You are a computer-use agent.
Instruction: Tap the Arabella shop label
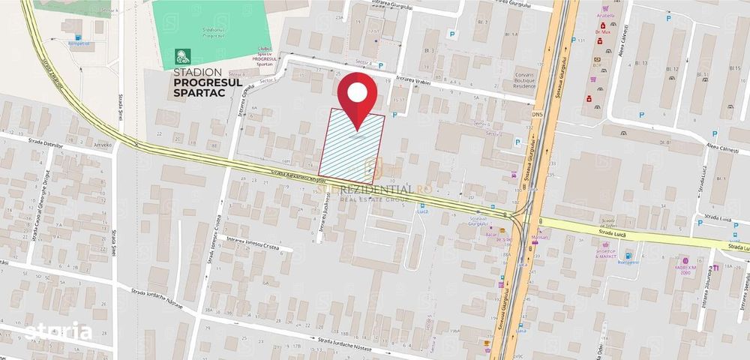[605, 15]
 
